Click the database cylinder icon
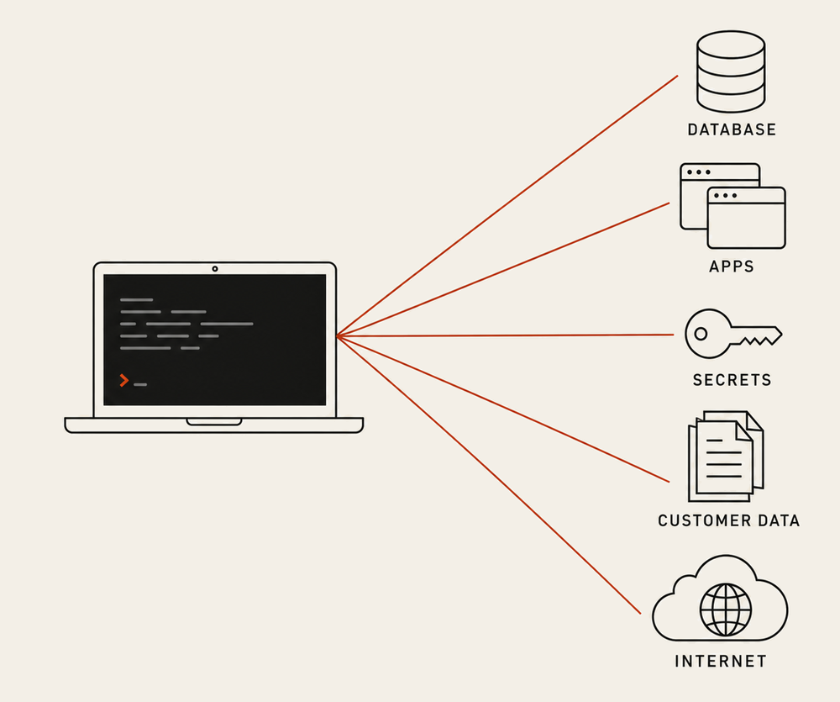tap(731, 71)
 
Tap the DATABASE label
tap(732, 129)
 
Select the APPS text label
tap(732, 267)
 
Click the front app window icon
tap(746, 218)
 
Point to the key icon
tap(732, 334)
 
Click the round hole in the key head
tap(701, 334)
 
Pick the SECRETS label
tap(732, 380)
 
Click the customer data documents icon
tap(726, 457)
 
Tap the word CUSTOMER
tap(697, 520)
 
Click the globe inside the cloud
tap(726, 610)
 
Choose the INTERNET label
tap(721, 662)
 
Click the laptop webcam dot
tap(215, 269)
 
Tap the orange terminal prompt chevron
tap(124, 380)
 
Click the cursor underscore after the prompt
tap(140, 384)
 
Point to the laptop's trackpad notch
tap(214, 422)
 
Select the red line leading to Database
tap(507, 206)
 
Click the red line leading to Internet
tap(489, 475)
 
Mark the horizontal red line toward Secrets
tap(505, 335)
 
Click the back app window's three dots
tap(699, 172)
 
